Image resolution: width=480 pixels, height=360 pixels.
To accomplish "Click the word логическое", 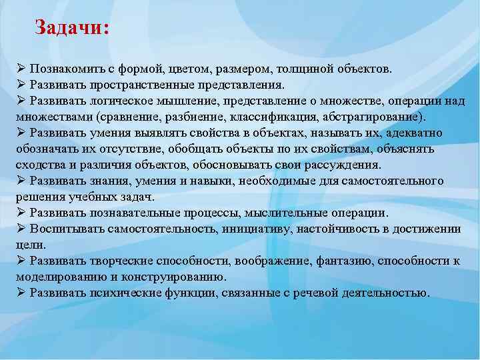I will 116,101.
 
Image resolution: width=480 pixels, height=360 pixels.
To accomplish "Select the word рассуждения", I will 346,165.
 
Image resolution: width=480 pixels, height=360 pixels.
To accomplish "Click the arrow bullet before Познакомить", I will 21,69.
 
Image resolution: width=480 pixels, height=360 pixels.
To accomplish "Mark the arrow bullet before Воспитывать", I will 21,228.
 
